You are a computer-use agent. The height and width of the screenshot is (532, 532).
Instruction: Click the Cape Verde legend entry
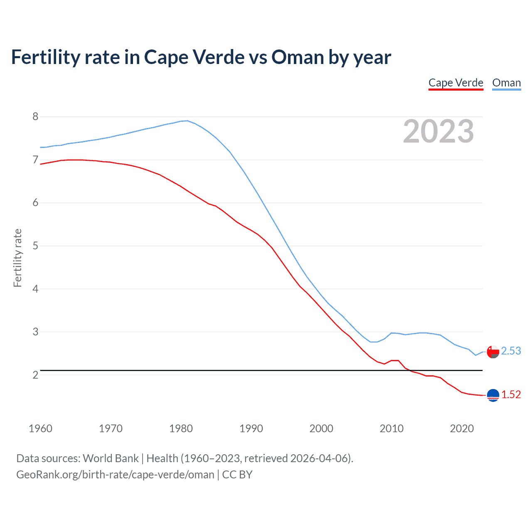point(456,83)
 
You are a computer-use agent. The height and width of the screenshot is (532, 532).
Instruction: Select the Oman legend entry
point(506,83)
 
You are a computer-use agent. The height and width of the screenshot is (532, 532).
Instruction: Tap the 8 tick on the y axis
point(35,117)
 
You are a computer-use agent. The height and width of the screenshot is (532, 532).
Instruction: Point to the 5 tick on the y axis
point(35,246)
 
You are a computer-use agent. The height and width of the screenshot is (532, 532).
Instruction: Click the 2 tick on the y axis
point(35,375)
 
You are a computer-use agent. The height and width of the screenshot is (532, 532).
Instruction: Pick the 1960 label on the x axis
point(40,429)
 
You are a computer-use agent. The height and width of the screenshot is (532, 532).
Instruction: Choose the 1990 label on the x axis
point(251,429)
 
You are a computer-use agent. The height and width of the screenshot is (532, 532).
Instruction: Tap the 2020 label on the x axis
point(462,429)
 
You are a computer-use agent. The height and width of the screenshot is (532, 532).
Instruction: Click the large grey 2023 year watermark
point(438,131)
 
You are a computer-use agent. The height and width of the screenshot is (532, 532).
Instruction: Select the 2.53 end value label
point(511,351)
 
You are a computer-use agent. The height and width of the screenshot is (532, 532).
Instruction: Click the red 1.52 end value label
point(511,394)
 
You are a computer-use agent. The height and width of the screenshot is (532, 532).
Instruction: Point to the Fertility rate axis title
point(17,258)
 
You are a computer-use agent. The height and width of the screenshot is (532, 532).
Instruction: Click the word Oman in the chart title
point(298,57)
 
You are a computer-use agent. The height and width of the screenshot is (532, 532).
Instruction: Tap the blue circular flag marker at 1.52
point(493,395)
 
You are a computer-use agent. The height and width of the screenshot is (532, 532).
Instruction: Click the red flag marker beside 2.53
point(493,352)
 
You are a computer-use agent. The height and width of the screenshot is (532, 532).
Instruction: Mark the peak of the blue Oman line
point(187,121)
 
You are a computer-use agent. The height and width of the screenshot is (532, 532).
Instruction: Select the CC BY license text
point(237,475)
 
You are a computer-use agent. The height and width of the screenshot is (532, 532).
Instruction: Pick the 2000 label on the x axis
point(321,429)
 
